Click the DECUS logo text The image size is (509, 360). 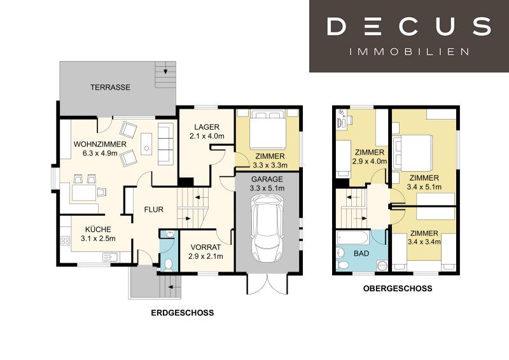[x=408, y=26]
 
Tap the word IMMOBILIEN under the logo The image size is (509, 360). [x=409, y=52]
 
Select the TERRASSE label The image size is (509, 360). [x=110, y=87]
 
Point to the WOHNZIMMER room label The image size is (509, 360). [x=100, y=144]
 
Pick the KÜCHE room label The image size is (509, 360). [x=98, y=229]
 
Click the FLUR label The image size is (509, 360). [x=154, y=210]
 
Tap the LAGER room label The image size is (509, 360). [x=207, y=127]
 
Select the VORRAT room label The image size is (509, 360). [x=206, y=247]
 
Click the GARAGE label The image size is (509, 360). [x=267, y=179]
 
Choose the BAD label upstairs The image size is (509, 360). [x=361, y=253]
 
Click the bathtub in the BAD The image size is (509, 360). [x=352, y=238]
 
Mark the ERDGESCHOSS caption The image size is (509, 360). [x=183, y=313]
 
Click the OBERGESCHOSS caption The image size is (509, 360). [x=398, y=288]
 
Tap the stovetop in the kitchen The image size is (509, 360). [x=66, y=240]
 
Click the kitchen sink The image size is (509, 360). [x=111, y=258]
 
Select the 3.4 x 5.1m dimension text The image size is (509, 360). [x=424, y=187]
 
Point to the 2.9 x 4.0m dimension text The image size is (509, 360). [x=370, y=162]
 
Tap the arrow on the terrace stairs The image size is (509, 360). [x=165, y=71]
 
